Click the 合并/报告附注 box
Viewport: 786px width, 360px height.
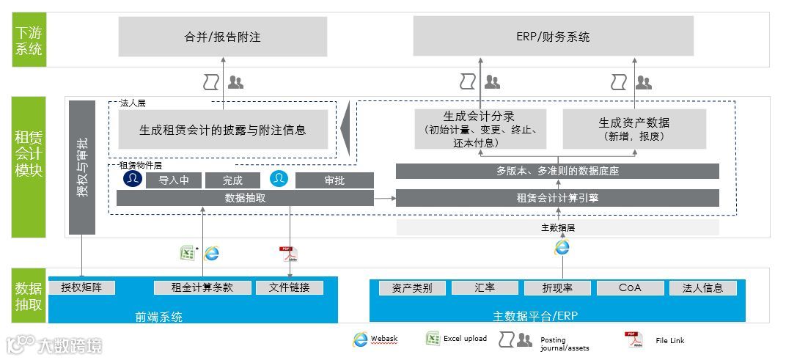(222, 37)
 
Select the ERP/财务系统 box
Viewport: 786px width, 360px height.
(553, 37)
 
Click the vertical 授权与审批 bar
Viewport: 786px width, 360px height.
(82, 167)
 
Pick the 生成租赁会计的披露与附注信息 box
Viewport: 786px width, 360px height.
(222, 130)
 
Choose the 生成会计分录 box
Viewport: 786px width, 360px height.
(480, 129)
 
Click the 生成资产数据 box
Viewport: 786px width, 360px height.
(633, 129)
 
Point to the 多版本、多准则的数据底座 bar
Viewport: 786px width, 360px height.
(557, 172)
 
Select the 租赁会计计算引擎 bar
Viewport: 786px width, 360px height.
(557, 198)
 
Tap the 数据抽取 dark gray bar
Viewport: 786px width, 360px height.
(245, 198)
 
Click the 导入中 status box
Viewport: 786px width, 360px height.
(173, 180)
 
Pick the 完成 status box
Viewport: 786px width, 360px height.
(232, 180)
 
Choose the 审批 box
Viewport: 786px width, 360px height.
(334, 180)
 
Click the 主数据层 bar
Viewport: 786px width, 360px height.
(557, 227)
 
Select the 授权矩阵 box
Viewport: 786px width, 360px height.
(82, 287)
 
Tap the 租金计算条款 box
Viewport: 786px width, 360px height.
(202, 287)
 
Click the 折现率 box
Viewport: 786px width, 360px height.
(557, 287)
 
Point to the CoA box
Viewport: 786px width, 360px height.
(630, 287)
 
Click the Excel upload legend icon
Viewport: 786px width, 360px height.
(433, 339)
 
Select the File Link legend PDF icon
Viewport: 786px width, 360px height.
(633, 339)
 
